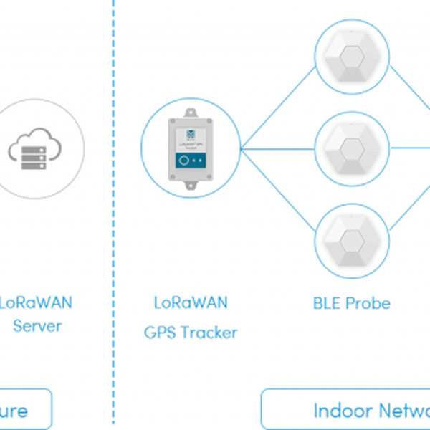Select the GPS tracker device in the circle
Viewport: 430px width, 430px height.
[x=191, y=149]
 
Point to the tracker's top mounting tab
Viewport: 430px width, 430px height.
[x=191, y=113]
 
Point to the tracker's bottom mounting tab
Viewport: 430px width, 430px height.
[x=191, y=186]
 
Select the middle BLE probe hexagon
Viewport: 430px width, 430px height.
[x=352, y=150]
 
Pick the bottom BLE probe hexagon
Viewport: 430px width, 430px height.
[x=352, y=240]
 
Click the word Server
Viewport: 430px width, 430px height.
[x=38, y=326]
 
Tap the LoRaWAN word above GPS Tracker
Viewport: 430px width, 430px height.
[x=191, y=302]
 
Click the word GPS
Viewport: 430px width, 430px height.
[x=161, y=333]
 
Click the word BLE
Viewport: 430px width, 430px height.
[x=328, y=303]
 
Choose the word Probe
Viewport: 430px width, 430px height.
[x=368, y=303]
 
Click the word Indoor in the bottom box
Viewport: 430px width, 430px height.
[x=342, y=411]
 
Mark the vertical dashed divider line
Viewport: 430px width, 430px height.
[x=113, y=215]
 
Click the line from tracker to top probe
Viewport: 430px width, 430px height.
[x=279, y=105]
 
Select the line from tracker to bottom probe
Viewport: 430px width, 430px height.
[x=279, y=192]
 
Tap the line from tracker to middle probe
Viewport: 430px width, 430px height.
[x=279, y=150]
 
